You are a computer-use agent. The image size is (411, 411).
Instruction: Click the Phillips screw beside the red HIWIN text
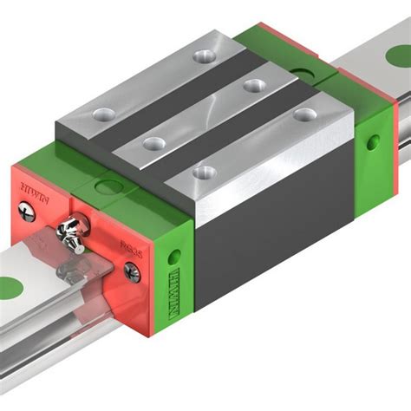[x=29, y=210]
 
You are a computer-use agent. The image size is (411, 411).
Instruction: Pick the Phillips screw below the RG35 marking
[x=132, y=272]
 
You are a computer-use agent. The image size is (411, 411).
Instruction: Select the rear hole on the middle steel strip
[x=253, y=85]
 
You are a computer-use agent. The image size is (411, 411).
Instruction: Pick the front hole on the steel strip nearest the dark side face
[x=204, y=172]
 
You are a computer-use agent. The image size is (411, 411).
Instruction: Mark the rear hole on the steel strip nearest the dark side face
[x=303, y=114]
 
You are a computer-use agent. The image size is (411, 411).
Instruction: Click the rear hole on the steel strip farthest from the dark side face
[x=204, y=56]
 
